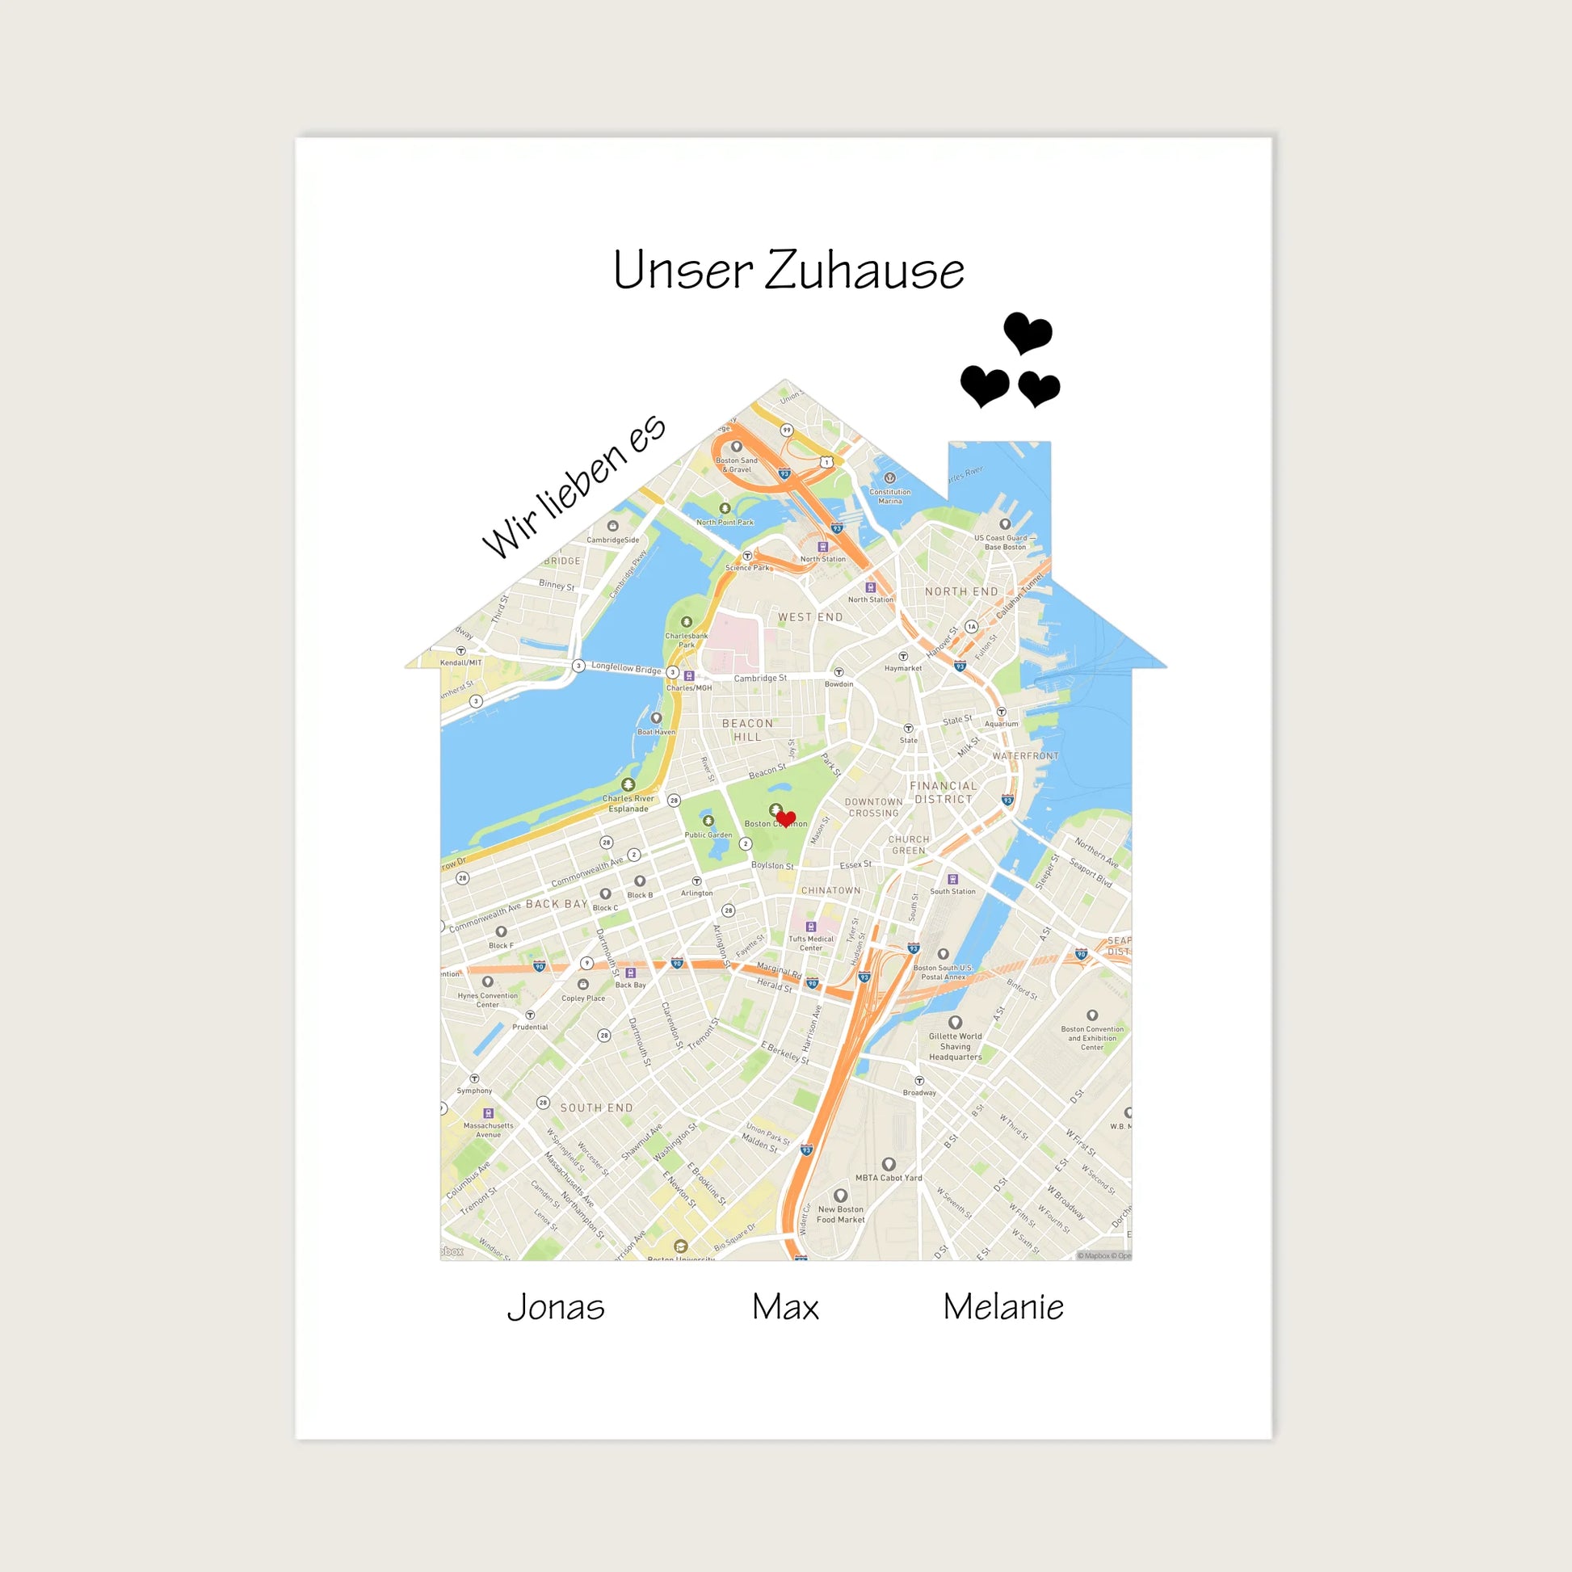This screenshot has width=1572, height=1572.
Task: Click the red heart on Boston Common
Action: (x=785, y=818)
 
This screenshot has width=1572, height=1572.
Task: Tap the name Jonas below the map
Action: (x=556, y=1308)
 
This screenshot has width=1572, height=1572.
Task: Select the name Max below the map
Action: (x=785, y=1308)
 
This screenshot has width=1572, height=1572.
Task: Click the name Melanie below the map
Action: (x=1003, y=1308)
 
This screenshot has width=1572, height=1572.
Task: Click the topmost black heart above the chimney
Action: (x=1028, y=332)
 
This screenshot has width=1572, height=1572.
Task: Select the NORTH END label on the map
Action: (x=961, y=591)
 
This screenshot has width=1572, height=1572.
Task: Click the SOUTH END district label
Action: (x=596, y=1108)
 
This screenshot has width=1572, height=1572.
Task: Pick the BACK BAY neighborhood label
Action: (x=557, y=904)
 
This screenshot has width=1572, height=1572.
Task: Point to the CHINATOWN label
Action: (x=830, y=890)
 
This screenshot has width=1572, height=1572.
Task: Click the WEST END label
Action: (x=810, y=616)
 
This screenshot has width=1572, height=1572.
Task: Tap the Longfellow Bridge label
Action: (x=626, y=668)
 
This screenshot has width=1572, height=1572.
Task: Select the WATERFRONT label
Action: (x=1025, y=756)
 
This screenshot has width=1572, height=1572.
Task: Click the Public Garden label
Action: (x=708, y=834)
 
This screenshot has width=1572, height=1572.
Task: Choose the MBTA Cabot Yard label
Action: (x=889, y=1177)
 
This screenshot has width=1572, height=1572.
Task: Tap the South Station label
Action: (x=952, y=891)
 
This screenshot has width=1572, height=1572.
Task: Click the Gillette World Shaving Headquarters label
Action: (x=956, y=1046)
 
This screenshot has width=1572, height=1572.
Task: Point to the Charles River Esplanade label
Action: (x=628, y=803)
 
